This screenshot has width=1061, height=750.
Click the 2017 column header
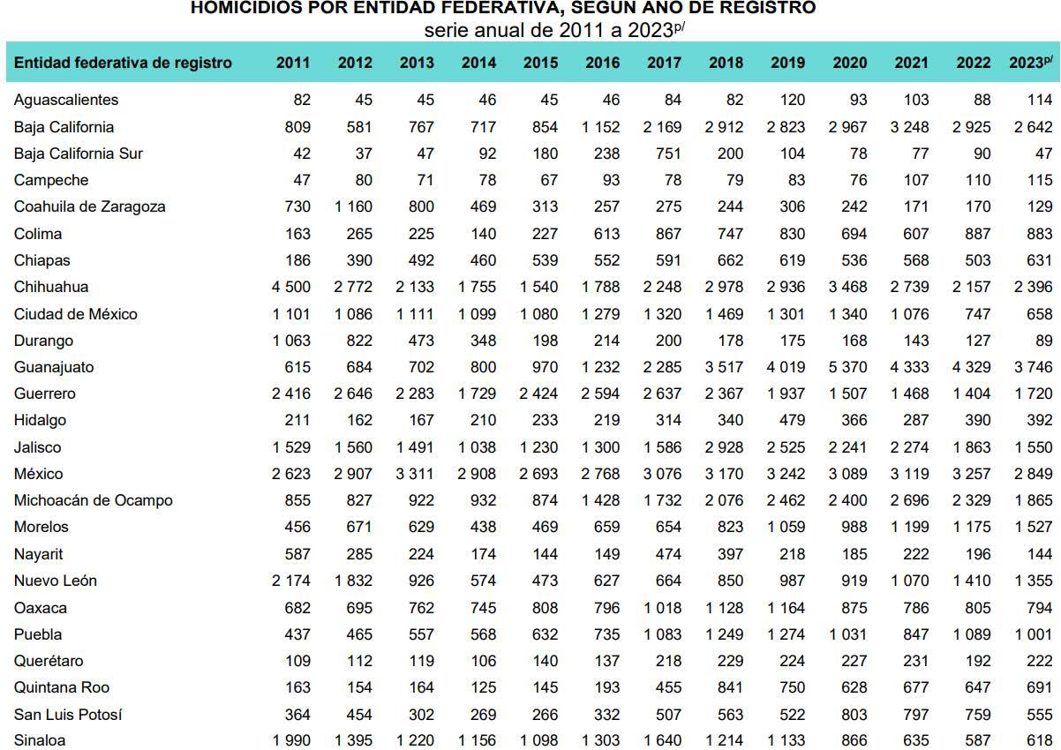(664, 63)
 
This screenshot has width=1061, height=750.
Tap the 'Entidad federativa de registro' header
(123, 63)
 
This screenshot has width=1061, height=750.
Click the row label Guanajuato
(54, 367)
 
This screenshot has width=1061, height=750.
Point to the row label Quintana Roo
(62, 687)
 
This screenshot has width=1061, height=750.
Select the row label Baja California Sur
(78, 154)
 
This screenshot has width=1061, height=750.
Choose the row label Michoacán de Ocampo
(93, 500)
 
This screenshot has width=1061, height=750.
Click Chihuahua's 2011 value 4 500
(292, 287)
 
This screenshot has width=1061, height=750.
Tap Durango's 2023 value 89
(1043, 341)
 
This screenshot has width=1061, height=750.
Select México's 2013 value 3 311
(415, 474)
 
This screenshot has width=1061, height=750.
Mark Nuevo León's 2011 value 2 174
(292, 581)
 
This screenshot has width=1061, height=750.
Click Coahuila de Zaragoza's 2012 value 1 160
(353, 206)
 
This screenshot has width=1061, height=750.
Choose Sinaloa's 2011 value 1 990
(292, 740)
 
